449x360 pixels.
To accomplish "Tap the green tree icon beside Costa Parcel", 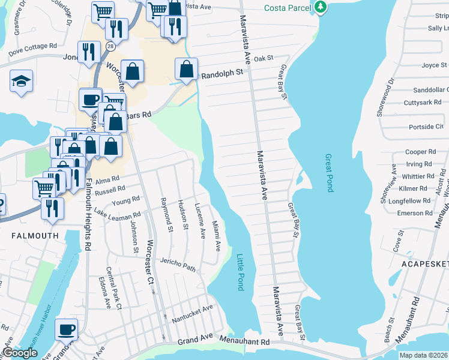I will (x=321, y=7).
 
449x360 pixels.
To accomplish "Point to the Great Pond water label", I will (x=328, y=172).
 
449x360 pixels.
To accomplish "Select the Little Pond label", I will (x=240, y=272).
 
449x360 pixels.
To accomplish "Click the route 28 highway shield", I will (x=110, y=46).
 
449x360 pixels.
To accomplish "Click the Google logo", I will (x=20, y=353).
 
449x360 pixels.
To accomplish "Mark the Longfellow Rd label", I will (x=410, y=201).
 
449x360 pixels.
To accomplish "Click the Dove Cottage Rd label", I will (x=32, y=46).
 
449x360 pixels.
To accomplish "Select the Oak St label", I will (x=264, y=58).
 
